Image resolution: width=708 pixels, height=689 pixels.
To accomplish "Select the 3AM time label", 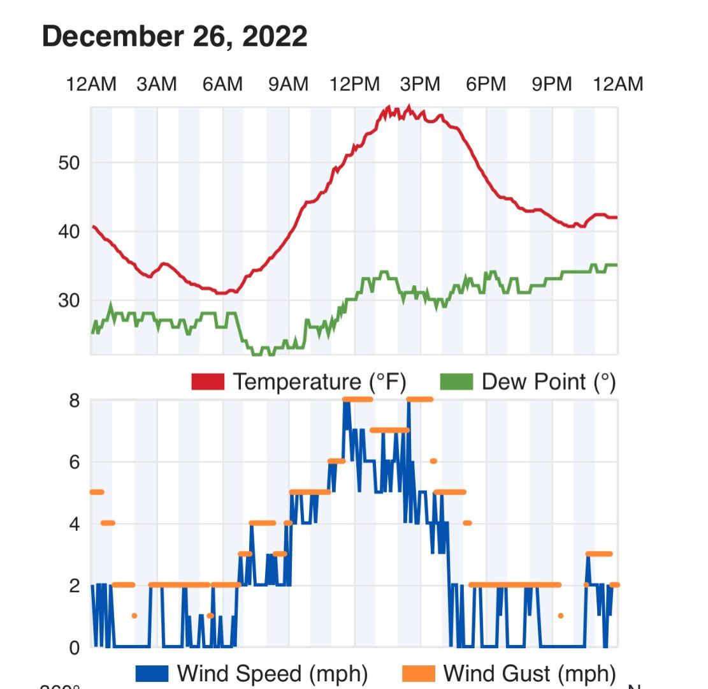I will point(157,84).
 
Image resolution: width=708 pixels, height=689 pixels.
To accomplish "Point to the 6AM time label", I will point(222,84).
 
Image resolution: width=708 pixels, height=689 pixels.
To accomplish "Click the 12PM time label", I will point(354,84).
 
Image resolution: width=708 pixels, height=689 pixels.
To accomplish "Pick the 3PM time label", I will point(420,84).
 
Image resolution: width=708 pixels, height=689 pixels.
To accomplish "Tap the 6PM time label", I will point(486,84).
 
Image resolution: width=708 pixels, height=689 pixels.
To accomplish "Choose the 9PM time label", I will point(552,84).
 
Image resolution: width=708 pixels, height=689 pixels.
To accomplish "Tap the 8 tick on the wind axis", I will point(75,401).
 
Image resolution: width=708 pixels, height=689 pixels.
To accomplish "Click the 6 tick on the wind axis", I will point(75,462).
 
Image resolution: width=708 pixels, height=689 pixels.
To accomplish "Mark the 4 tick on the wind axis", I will point(75,524).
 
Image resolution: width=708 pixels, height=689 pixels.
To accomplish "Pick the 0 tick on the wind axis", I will point(75,648).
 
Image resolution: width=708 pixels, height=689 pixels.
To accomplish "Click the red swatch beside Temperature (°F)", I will point(208,382).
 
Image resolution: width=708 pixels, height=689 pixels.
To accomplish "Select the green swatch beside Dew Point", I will point(456,382).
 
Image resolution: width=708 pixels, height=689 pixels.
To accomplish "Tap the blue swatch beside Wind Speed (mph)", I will point(152,674).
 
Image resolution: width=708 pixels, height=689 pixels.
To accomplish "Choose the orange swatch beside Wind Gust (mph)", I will point(418,674).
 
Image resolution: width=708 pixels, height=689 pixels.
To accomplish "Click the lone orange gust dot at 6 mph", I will point(433,461).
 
